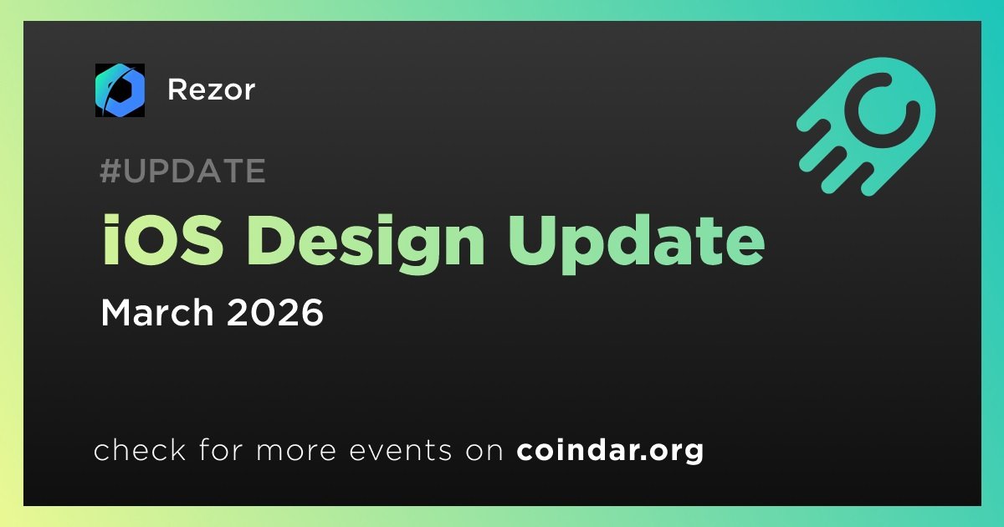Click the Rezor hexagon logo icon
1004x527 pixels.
coord(120,90)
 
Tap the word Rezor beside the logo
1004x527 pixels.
coord(211,90)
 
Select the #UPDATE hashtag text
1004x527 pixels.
coord(182,171)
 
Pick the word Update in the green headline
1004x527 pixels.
coord(635,241)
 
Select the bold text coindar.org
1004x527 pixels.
coord(610,452)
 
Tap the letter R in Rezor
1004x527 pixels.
coord(176,90)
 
